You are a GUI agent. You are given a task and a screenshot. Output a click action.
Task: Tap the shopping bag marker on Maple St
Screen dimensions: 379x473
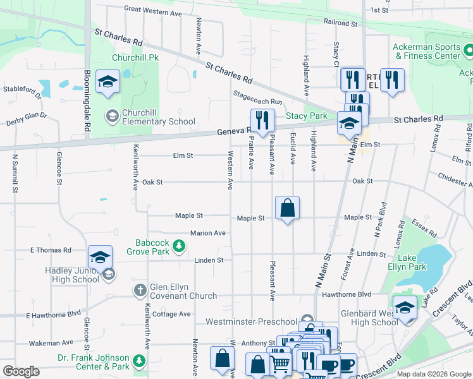[x=287, y=207]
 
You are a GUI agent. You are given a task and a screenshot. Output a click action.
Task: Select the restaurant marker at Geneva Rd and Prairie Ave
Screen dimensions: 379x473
[x=262, y=120]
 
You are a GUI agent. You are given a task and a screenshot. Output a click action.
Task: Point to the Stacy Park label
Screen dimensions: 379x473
[x=307, y=116]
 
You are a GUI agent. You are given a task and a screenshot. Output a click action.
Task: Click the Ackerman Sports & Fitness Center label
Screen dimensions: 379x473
[x=427, y=51]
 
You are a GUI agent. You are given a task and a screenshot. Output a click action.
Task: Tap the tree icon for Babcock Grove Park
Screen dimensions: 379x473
[x=180, y=246]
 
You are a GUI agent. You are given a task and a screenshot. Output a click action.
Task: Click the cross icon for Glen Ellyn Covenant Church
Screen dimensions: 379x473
[x=140, y=291]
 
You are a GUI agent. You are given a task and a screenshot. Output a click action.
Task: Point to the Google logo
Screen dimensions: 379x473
[x=21, y=371]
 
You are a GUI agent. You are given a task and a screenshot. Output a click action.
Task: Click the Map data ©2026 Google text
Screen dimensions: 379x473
[x=433, y=374]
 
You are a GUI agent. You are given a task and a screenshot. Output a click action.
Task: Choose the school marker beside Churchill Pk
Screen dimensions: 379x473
[x=107, y=82]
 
